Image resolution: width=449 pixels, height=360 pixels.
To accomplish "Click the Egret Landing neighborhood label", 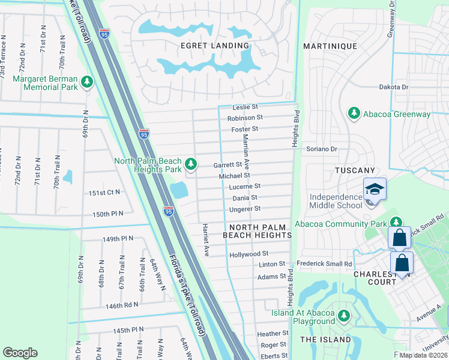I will [206, 46].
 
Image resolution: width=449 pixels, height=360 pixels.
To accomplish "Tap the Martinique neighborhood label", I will [330, 46].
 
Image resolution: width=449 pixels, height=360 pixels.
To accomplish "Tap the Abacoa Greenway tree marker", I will [354, 113].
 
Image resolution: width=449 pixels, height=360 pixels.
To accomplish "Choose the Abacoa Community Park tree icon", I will [396, 223].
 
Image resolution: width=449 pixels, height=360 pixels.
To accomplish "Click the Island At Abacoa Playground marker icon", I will [343, 315].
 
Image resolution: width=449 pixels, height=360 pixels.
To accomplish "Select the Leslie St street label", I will [245, 107].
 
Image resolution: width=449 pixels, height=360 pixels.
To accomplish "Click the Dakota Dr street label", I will [393, 87].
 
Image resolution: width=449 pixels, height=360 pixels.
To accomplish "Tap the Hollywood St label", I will [249, 255].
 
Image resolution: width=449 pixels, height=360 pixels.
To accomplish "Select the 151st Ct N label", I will [105, 193].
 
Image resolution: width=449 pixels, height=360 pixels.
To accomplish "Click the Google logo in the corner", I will [20, 353].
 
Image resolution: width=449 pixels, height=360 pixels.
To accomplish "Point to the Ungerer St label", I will [245, 209].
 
